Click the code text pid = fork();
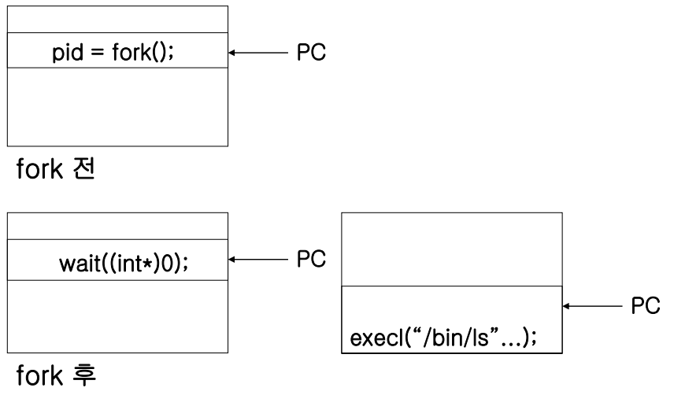pos(113,53)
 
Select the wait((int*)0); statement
pos(124,263)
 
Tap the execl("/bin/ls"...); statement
pos(443,338)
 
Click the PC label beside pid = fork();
pos(311,53)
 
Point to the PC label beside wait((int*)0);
pos(311,259)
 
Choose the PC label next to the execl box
pos(645,306)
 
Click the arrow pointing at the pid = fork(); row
pos(258,53)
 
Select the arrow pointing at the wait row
pos(258,260)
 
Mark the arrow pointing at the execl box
pos(592,306)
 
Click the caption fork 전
pos(55,168)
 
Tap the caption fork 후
pos(56,375)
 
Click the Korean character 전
pos(83,168)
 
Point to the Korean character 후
pos(84,375)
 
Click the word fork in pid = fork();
pos(131,52)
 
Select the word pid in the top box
pos(68,54)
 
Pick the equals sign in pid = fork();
pos(98,53)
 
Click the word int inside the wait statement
pos(129,263)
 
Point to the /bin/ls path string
pos(456,338)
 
